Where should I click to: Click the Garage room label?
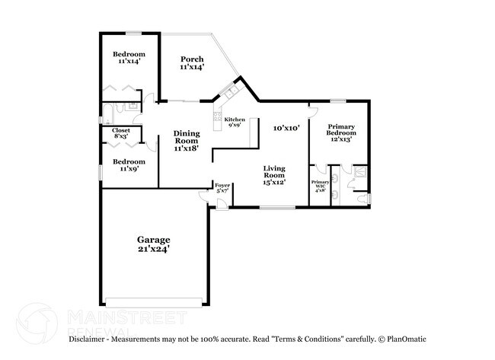coord(153,244)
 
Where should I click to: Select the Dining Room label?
coord(186,141)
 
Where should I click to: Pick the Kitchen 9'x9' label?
coord(234,122)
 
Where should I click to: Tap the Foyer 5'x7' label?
coord(222,189)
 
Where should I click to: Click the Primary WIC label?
coord(320,186)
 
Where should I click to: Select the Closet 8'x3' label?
coord(121,134)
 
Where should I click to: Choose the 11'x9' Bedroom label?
coord(128,165)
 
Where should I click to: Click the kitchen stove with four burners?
coord(218,119)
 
